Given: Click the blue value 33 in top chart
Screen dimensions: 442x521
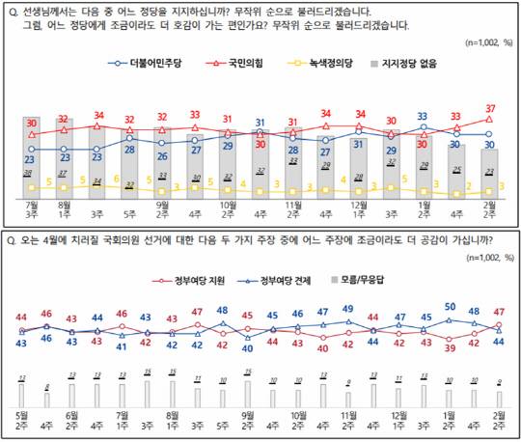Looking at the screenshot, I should [x=422, y=116].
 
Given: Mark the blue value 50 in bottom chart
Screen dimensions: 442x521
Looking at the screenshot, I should [x=449, y=307].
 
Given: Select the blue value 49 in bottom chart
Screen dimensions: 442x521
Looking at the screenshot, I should [x=348, y=309].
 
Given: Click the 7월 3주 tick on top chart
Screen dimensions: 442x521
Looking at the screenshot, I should [x=31, y=209].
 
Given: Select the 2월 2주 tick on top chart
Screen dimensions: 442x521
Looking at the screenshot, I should [x=489, y=209].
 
